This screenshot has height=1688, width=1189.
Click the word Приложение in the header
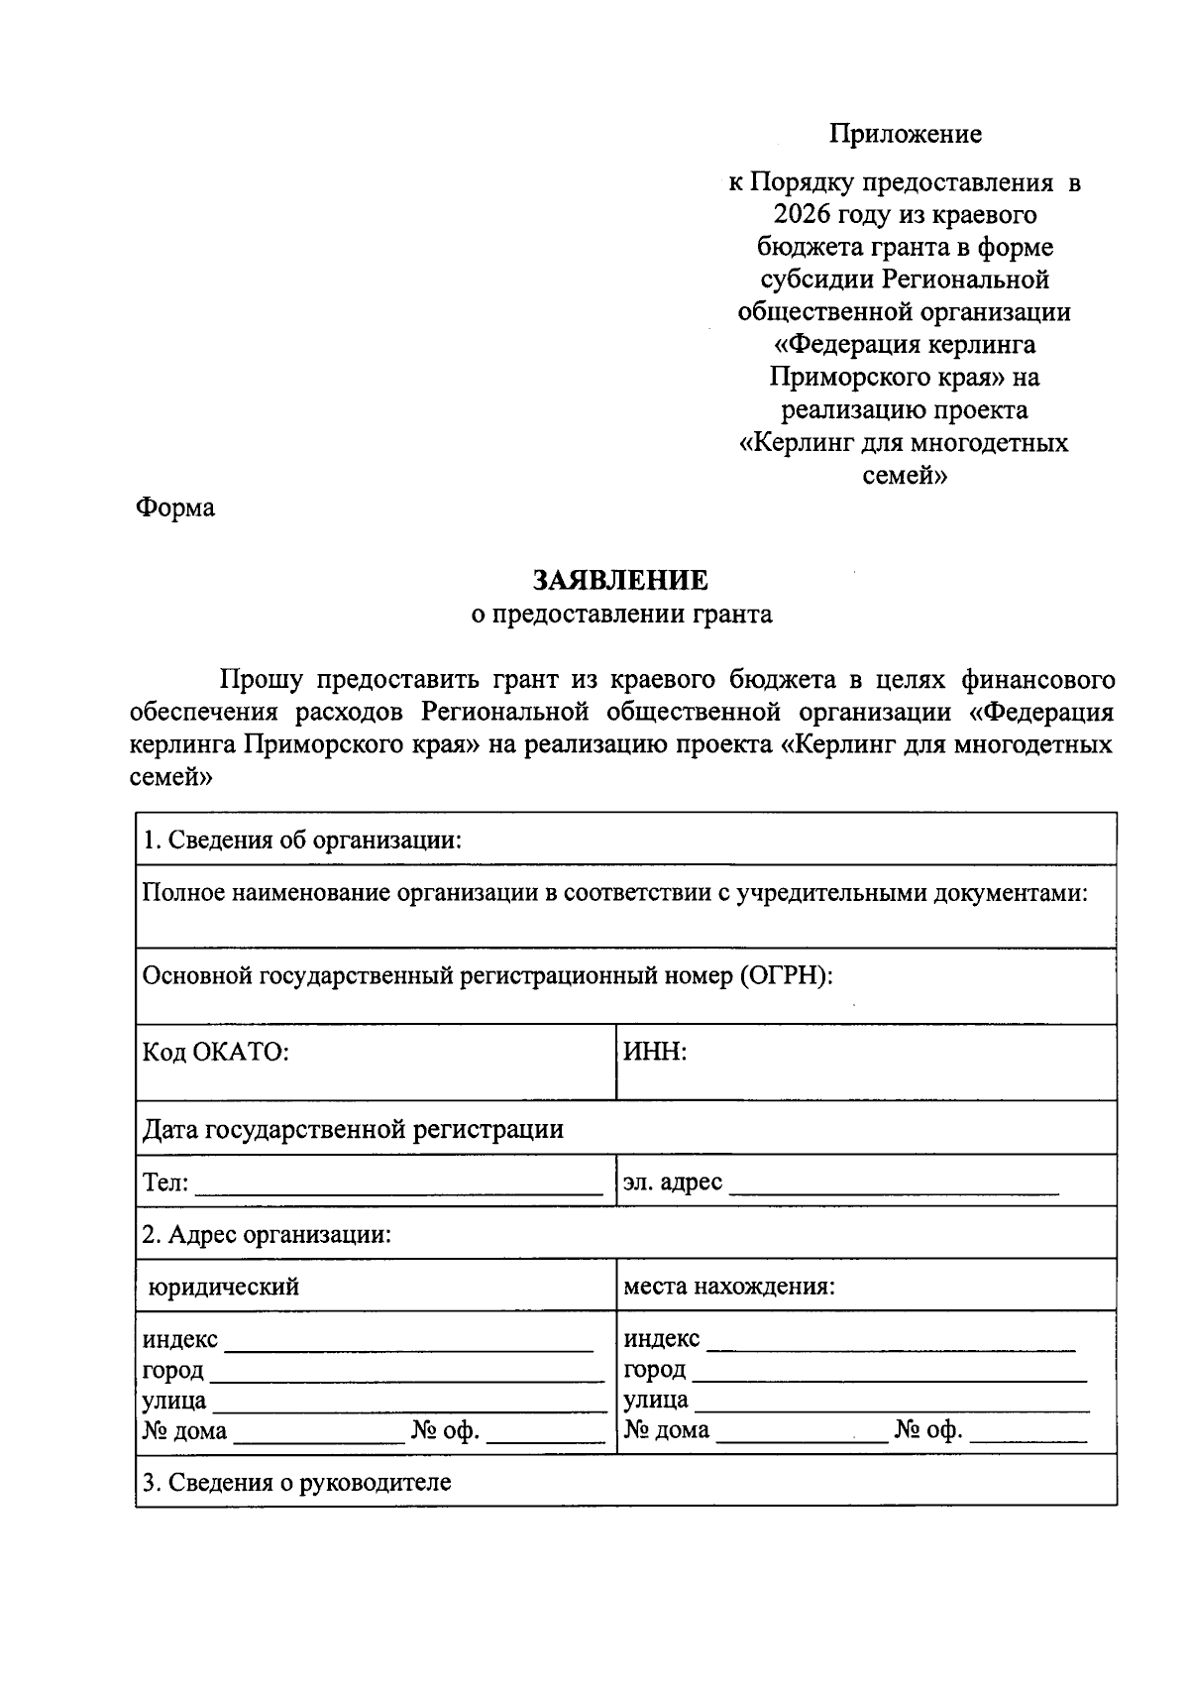[905, 134]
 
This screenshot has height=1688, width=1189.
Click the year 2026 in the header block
[802, 215]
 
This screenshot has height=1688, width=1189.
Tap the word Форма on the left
[174, 508]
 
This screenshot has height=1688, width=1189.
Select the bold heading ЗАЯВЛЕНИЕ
[621, 580]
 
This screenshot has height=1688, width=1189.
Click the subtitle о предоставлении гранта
[621, 615]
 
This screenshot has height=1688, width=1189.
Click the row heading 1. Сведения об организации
[302, 841]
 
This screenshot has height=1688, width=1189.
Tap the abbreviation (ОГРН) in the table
[785, 976]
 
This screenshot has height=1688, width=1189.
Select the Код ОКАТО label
[215, 1052]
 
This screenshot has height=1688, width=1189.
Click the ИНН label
[654, 1052]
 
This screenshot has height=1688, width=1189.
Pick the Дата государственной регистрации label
[353, 1129]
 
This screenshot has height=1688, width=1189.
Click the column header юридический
[224, 1288]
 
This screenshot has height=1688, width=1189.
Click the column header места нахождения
[728, 1288]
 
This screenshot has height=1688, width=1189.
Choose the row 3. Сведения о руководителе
[296, 1483]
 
